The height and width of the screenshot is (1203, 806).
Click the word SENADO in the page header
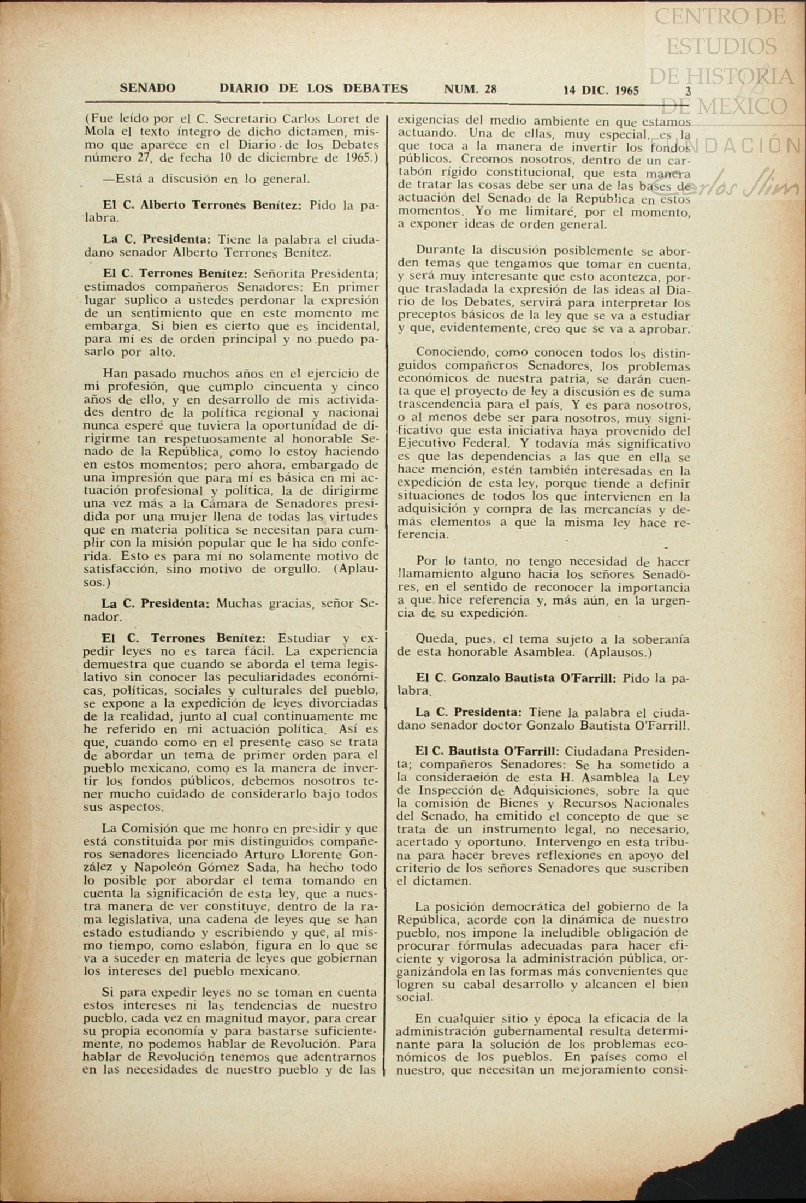147,88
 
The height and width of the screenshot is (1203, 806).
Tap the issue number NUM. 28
470,89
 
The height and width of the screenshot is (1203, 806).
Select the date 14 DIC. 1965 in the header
601,91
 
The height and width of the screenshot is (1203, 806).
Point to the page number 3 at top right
688,91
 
